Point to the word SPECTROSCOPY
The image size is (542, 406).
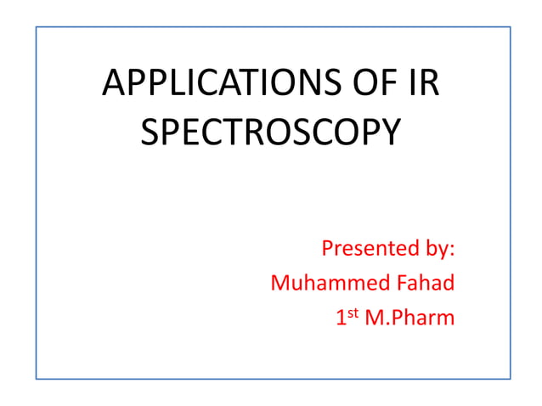point(269,133)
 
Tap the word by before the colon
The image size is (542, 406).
point(434,250)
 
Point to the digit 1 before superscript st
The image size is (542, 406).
point(341,319)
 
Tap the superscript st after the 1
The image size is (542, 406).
point(352,313)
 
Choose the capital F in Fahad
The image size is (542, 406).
point(395,283)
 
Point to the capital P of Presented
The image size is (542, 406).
point(327,249)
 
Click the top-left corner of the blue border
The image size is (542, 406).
point(36,26)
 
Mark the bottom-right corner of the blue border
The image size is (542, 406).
point(510,378)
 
